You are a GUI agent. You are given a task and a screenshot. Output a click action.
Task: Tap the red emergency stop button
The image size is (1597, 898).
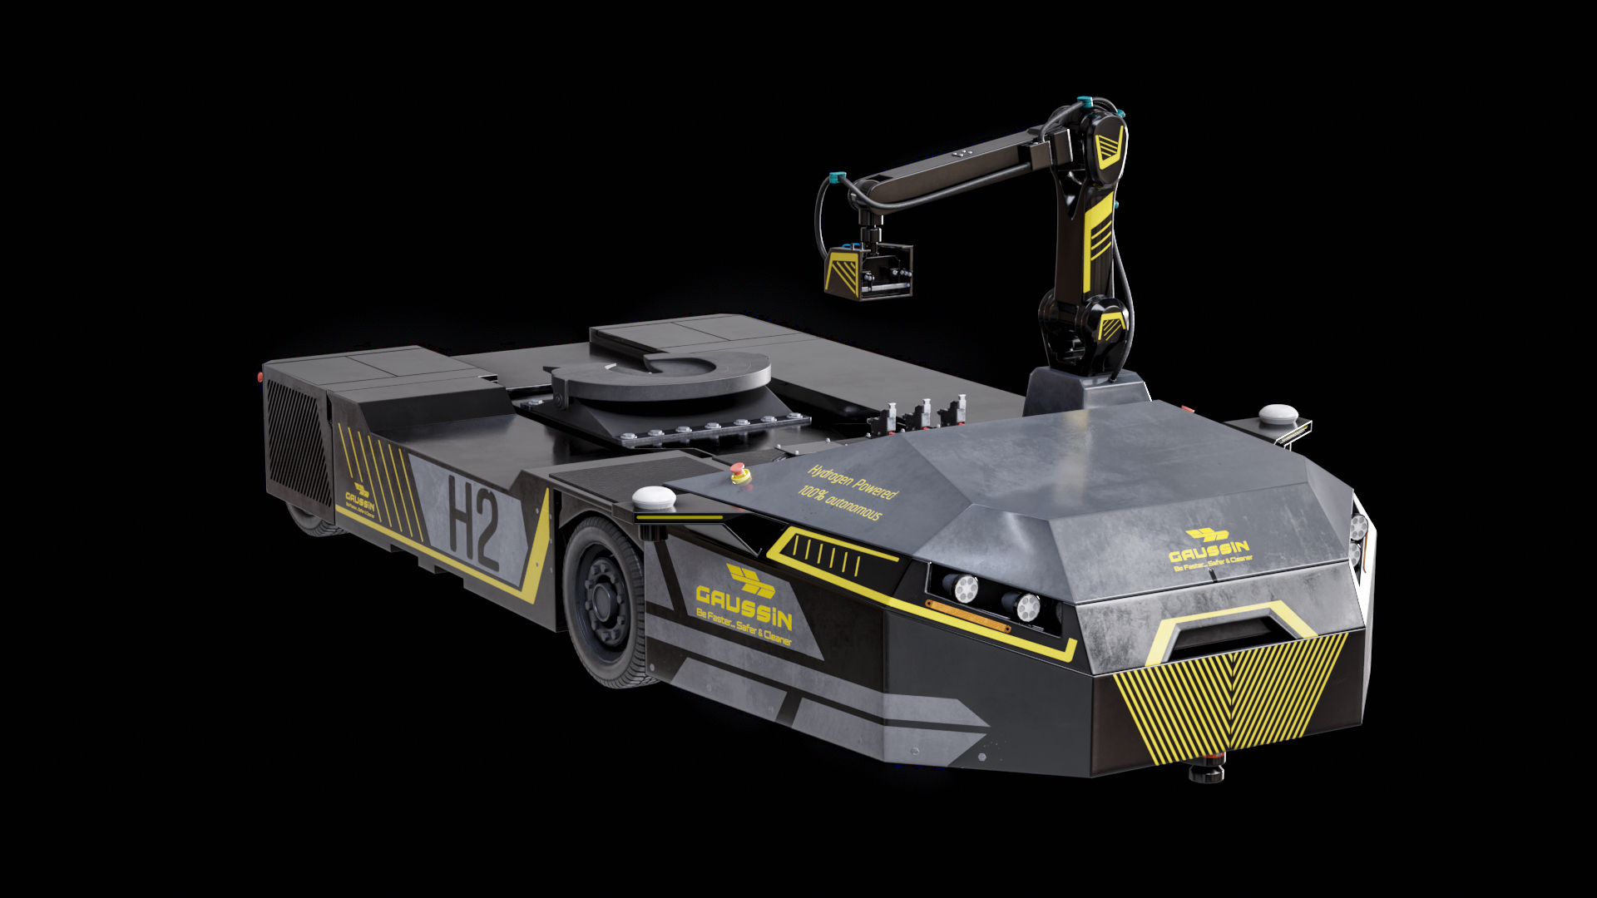[739, 474]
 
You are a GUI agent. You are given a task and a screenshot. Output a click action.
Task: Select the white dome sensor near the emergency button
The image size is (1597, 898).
[654, 498]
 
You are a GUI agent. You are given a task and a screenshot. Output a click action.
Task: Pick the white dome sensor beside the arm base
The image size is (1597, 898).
[1278, 413]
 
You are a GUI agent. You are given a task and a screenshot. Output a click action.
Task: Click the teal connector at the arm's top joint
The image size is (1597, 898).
[1084, 104]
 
